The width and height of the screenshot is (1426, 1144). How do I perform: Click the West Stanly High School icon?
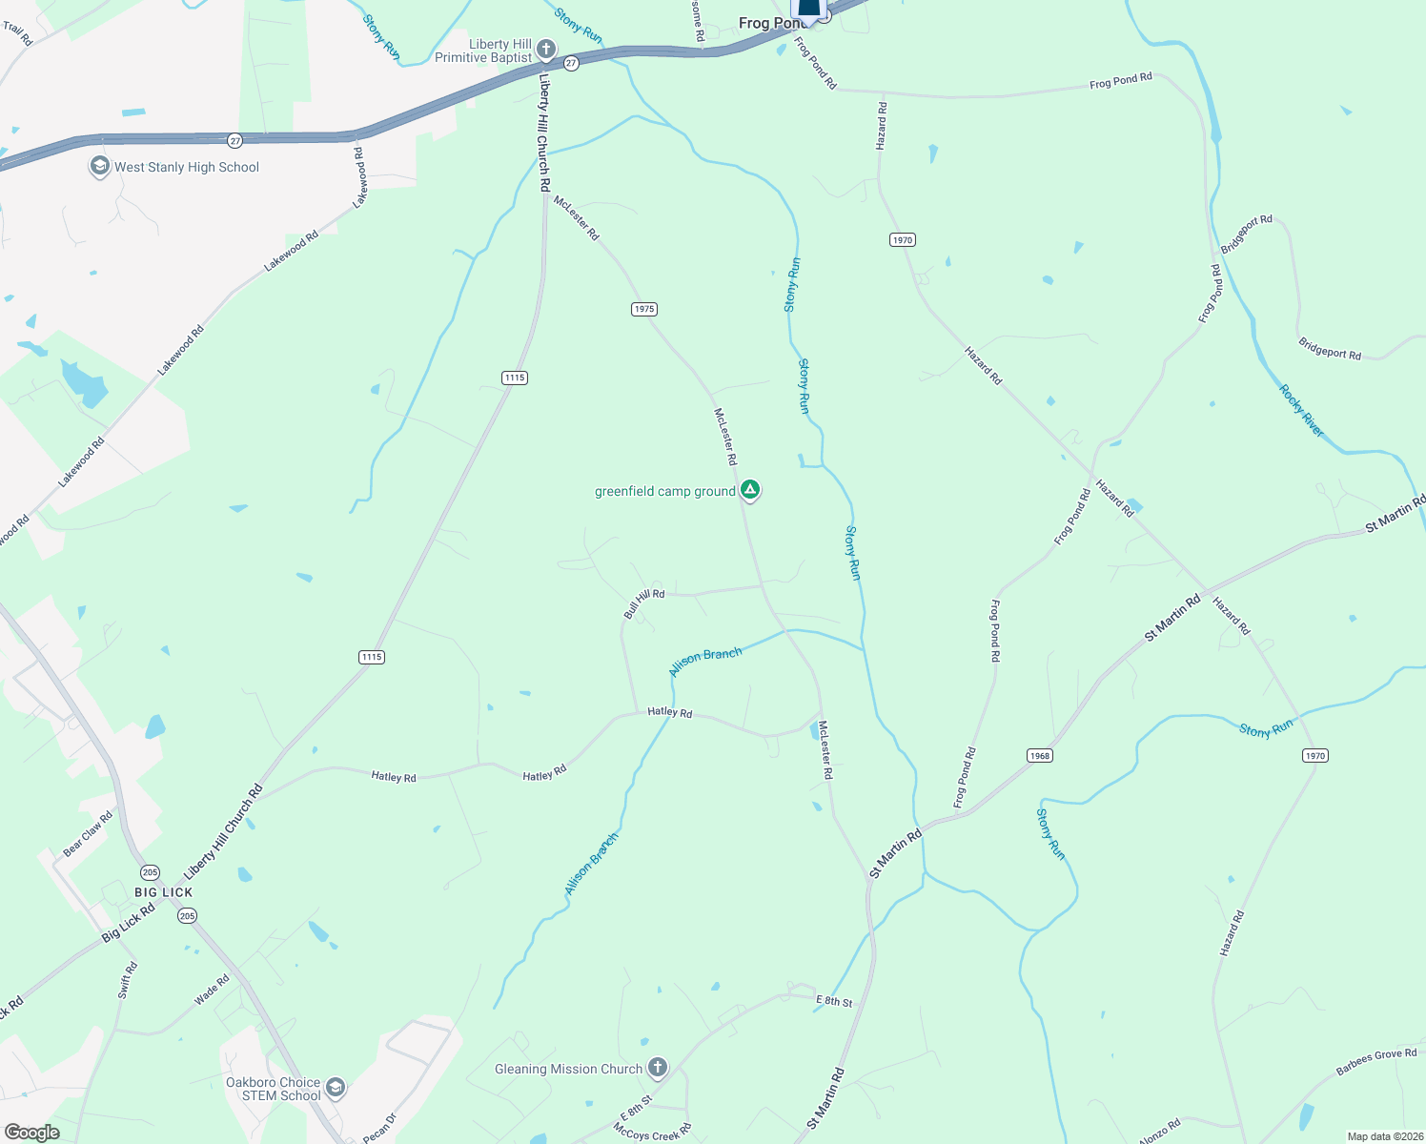click(x=99, y=167)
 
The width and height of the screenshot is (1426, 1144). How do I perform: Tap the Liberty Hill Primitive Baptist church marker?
click(x=545, y=50)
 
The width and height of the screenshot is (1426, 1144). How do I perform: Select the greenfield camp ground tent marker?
click(x=750, y=490)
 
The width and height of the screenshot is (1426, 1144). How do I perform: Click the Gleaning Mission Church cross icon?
click(x=658, y=1068)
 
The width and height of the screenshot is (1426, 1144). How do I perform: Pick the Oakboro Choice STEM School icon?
click(x=335, y=1087)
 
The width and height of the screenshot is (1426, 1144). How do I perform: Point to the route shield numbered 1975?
click(x=644, y=309)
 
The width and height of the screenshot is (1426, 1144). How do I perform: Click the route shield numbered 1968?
click(x=1039, y=755)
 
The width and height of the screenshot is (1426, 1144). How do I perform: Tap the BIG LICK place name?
click(x=164, y=892)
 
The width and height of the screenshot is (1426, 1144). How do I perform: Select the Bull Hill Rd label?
click(x=644, y=603)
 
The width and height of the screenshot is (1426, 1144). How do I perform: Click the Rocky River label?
click(x=1301, y=411)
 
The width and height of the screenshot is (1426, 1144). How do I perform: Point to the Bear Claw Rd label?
click(x=88, y=832)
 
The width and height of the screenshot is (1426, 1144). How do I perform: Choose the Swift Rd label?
click(x=128, y=980)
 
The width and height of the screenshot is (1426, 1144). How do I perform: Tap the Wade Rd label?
click(x=212, y=990)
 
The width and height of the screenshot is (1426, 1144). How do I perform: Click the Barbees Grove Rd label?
click(x=1375, y=1062)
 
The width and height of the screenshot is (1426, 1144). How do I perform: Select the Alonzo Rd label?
click(x=1159, y=1132)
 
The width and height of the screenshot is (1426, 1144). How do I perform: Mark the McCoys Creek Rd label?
click(x=652, y=1132)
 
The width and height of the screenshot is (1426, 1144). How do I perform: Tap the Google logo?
click(x=31, y=1133)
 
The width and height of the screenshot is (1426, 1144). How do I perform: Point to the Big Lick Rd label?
click(x=129, y=923)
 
